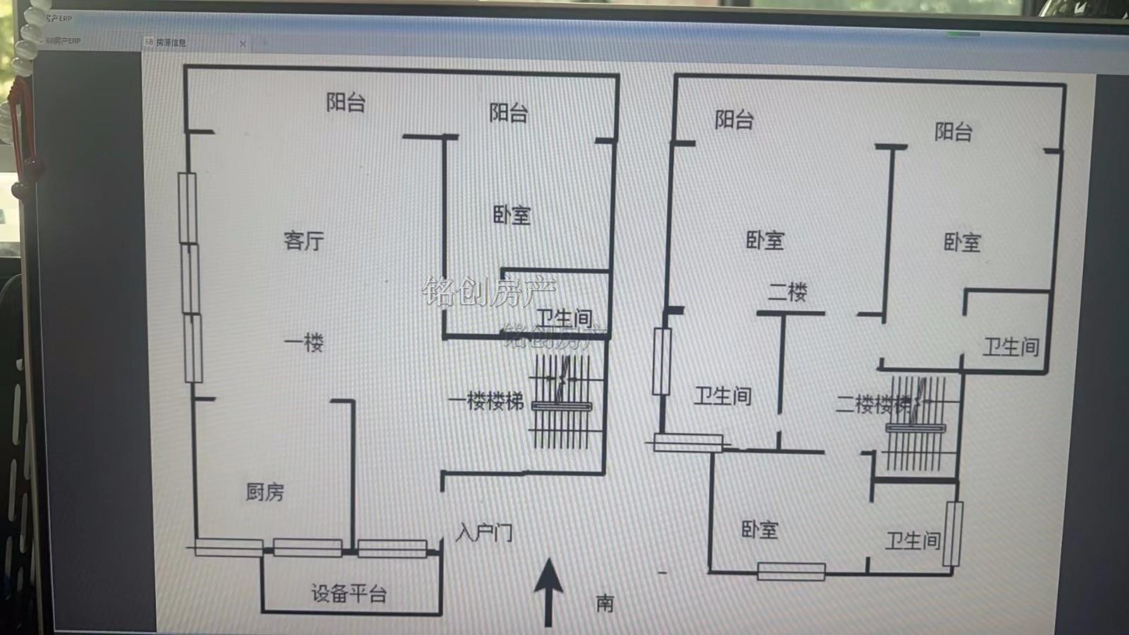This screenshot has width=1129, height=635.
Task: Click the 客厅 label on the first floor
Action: coord(303,241)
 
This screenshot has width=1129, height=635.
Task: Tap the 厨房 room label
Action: coord(265,492)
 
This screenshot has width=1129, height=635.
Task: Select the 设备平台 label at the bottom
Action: coord(349,593)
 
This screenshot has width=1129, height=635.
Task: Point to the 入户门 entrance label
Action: coord(484,532)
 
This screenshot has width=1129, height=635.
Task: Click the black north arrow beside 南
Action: coord(548,590)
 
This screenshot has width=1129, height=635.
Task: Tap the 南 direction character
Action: coord(605,603)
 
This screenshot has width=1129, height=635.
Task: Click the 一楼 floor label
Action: coord(303,343)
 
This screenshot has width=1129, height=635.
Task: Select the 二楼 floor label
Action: coord(787,291)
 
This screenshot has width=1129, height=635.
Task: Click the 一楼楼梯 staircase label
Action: coord(486,401)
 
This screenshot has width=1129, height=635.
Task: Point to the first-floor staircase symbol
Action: coord(562,402)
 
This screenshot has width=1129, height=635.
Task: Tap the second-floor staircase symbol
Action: coord(916,423)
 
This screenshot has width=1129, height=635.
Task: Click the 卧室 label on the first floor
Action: coord(512,215)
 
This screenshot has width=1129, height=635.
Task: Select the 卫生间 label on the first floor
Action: coord(564,318)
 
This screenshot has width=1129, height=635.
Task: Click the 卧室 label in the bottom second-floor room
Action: coord(759,530)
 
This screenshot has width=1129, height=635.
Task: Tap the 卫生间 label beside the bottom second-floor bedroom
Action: coord(913,541)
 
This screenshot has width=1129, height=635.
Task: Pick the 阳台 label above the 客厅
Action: coord(346,103)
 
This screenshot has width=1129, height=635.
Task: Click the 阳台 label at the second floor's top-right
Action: coord(953,132)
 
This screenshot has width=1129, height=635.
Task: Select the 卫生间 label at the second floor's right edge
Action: coord(1010,346)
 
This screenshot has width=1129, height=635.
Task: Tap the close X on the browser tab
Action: coord(243,44)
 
